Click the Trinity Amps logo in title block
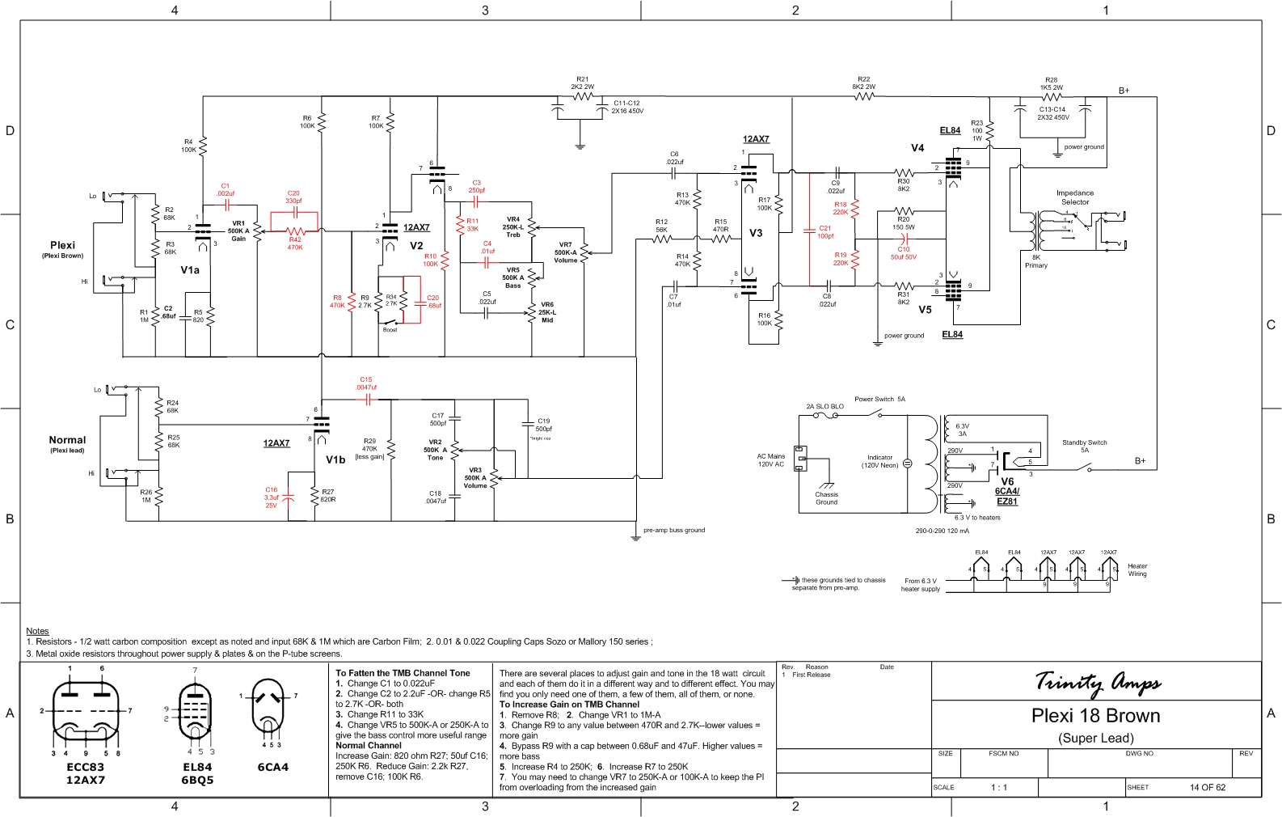click(1098, 683)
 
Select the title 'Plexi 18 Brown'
click(1095, 716)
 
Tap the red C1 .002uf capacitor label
click(226, 190)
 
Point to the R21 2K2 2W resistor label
click(582, 83)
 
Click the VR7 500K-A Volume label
click(566, 252)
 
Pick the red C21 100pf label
click(825, 232)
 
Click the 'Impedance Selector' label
click(1075, 197)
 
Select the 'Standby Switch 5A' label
click(1084, 446)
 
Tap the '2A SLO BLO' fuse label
click(824, 407)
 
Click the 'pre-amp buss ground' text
click(674, 530)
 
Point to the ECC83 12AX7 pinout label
click(85, 773)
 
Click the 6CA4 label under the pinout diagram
click(272, 767)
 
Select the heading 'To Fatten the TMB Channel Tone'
click(403, 673)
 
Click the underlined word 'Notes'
click(37, 631)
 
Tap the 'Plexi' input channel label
click(62, 245)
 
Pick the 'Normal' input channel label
click(67, 440)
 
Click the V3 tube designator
click(756, 233)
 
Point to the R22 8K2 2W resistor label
click(863, 83)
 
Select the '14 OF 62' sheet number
click(1207, 787)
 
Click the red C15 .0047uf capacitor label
click(366, 383)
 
